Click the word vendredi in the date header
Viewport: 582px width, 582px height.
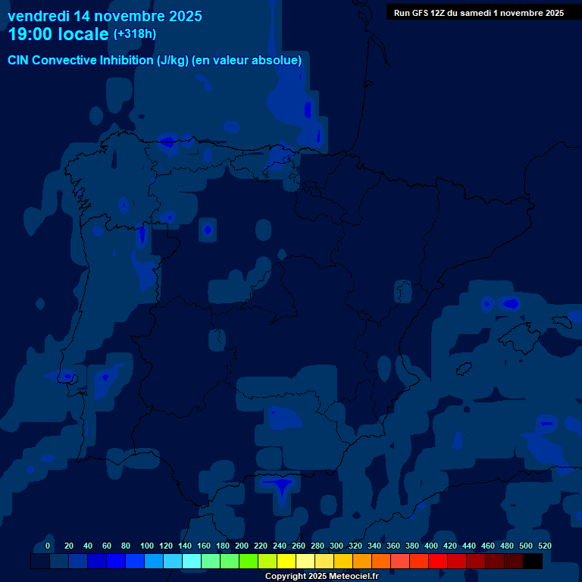[38, 15]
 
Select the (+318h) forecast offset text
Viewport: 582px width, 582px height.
[134, 34]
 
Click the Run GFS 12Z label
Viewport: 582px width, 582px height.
[420, 13]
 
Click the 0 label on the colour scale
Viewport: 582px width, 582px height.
[48, 546]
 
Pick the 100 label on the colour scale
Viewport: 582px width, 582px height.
[147, 546]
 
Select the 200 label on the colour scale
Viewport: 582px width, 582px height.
[242, 546]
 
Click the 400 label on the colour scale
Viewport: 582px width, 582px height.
[431, 546]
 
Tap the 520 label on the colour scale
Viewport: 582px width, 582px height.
[544, 546]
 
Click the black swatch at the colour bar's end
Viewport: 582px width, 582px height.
[533, 562]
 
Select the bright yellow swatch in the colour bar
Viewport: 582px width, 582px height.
[286, 562]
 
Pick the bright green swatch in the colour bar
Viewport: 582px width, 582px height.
[249, 562]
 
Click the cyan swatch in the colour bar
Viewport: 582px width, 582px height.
[192, 562]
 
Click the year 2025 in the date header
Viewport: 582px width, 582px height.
[180, 15]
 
